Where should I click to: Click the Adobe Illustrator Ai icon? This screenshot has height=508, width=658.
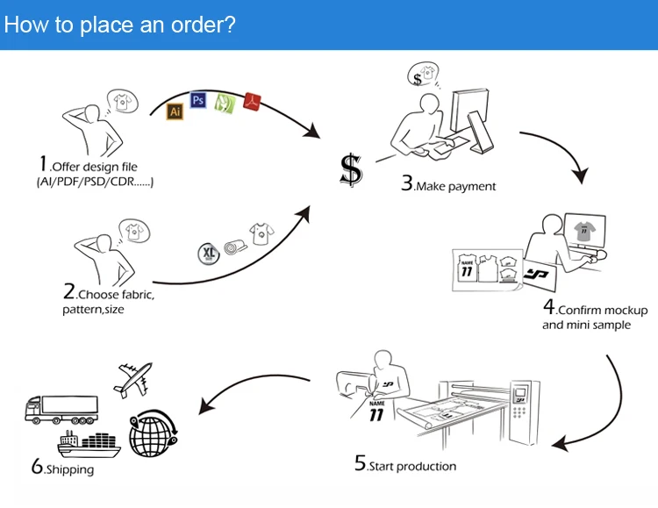tap(175, 111)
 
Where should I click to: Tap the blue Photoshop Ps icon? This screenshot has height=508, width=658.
tap(198, 100)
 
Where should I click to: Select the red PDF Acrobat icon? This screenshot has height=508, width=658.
tap(252, 101)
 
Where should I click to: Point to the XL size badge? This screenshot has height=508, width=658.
tap(208, 254)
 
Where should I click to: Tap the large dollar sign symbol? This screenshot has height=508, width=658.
tap(351, 168)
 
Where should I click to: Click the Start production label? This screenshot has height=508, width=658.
tap(411, 466)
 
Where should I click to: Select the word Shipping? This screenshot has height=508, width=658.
tap(69, 470)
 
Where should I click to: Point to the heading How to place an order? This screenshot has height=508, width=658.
tap(119, 24)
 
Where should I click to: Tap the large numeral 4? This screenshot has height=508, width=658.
tap(550, 307)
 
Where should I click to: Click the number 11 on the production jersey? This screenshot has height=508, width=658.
tap(377, 413)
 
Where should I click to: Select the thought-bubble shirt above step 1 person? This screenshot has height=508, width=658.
tap(122, 101)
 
